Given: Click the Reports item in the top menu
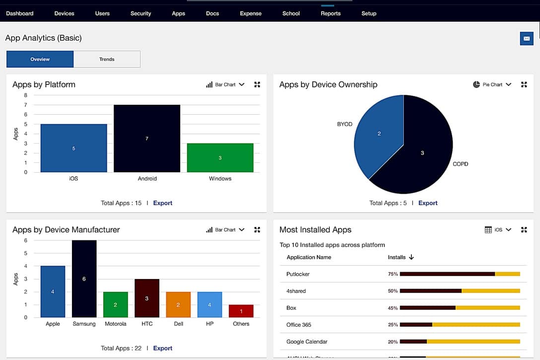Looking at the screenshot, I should click(331, 13).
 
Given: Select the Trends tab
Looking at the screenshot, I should click(107, 59).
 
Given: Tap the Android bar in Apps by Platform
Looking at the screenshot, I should click(147, 139).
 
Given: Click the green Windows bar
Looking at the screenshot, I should click(220, 158).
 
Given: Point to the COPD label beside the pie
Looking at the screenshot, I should click(460, 164).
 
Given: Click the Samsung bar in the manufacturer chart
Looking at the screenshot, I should click(84, 279).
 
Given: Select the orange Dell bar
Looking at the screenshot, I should click(178, 304).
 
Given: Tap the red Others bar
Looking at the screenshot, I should click(241, 311).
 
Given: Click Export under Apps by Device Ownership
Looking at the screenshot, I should click(428, 203).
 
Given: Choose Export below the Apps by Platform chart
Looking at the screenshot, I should click(163, 203).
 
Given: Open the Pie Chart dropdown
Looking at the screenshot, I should click(492, 85).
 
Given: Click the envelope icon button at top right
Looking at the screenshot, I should click(526, 39).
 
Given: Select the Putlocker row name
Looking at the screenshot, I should click(298, 274).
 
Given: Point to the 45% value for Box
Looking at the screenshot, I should click(393, 308).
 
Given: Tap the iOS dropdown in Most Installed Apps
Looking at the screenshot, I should click(498, 230).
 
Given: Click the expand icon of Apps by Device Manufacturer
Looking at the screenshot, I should click(257, 230).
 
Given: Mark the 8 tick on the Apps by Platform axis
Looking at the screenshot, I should click(25, 95).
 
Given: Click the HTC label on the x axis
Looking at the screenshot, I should click(147, 324).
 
